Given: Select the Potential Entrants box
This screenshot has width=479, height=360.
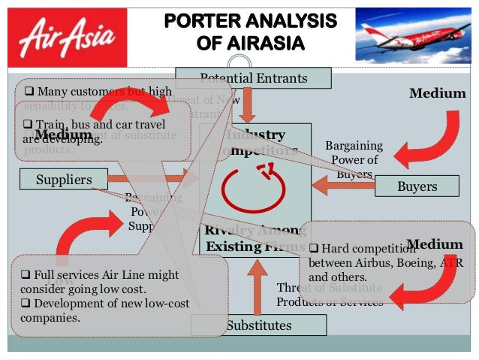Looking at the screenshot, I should [254, 77].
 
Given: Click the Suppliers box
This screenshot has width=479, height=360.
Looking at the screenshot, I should [64, 180].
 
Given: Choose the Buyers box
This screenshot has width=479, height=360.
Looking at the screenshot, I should [417, 186].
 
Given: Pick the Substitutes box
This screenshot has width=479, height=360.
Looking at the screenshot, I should [258, 325].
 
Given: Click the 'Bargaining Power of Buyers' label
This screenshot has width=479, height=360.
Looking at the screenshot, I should [354, 159].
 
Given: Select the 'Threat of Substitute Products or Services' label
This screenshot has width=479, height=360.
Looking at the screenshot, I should [330, 295].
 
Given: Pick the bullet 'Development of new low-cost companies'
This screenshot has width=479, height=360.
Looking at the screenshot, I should [105, 310].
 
